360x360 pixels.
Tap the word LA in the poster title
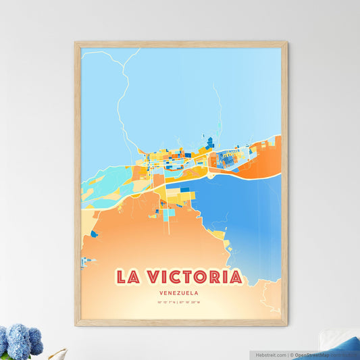coord(128,277)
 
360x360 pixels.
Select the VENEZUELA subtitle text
coord(180,293)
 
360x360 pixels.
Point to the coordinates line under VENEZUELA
coord(180,302)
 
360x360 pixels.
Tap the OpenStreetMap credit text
coord(317,354)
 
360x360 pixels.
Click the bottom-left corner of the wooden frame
coord(77,324)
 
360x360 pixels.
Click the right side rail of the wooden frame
coord(284,182)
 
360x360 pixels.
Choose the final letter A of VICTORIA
coord(235,277)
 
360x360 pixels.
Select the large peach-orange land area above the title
coord(149,236)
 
